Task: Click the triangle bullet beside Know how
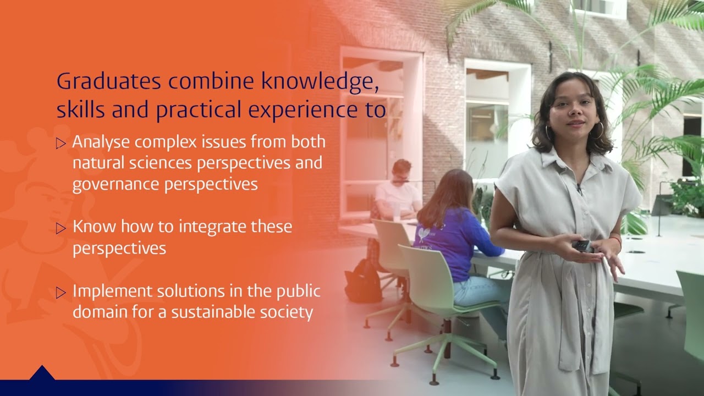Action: [61, 228]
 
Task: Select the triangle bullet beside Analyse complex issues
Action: [61, 144]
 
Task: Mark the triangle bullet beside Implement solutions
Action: [61, 293]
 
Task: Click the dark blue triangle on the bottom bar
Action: [42, 374]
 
